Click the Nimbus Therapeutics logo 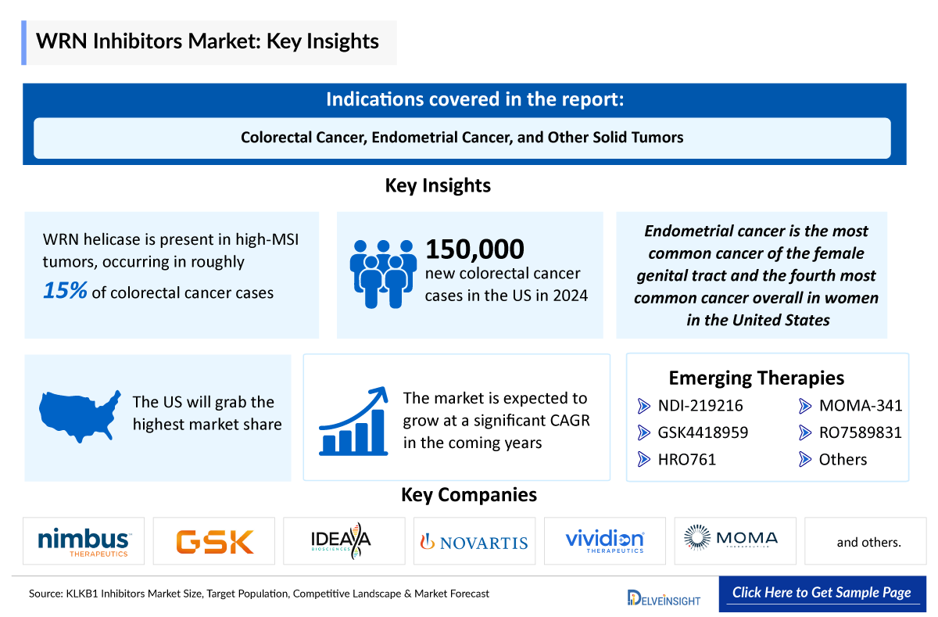click(x=84, y=540)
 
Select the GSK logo click(x=214, y=541)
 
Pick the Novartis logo click(x=474, y=541)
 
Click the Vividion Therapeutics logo click(x=604, y=540)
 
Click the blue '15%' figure click(x=66, y=291)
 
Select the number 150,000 click(x=474, y=249)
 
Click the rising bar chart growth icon click(x=353, y=421)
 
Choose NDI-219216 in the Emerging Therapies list click(x=700, y=405)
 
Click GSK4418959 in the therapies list click(x=703, y=432)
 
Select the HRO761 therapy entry click(x=686, y=459)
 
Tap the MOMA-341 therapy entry click(x=860, y=405)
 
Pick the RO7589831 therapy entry click(x=860, y=432)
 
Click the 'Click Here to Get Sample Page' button click(x=822, y=593)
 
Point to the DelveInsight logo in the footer click(x=664, y=598)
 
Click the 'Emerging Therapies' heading click(x=756, y=378)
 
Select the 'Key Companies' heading click(x=469, y=494)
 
